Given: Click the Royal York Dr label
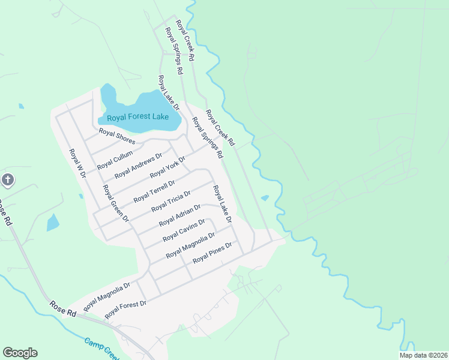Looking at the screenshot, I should [x=167, y=166].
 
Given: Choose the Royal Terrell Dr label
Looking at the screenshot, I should [x=154, y=190].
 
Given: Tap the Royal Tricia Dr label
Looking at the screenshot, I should [x=171, y=200].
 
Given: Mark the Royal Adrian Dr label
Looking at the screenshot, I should [x=179, y=215].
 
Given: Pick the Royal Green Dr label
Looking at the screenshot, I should [x=116, y=203].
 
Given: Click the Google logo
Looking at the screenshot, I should [x=20, y=353].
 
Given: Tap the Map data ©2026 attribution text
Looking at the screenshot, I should [x=423, y=355].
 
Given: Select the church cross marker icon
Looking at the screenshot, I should [x=7, y=179].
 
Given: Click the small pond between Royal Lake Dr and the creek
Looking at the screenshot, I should [x=265, y=197].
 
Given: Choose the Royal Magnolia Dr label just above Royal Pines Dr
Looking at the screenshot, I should [x=190, y=245].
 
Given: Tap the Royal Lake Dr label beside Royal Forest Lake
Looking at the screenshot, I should [x=169, y=93].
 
